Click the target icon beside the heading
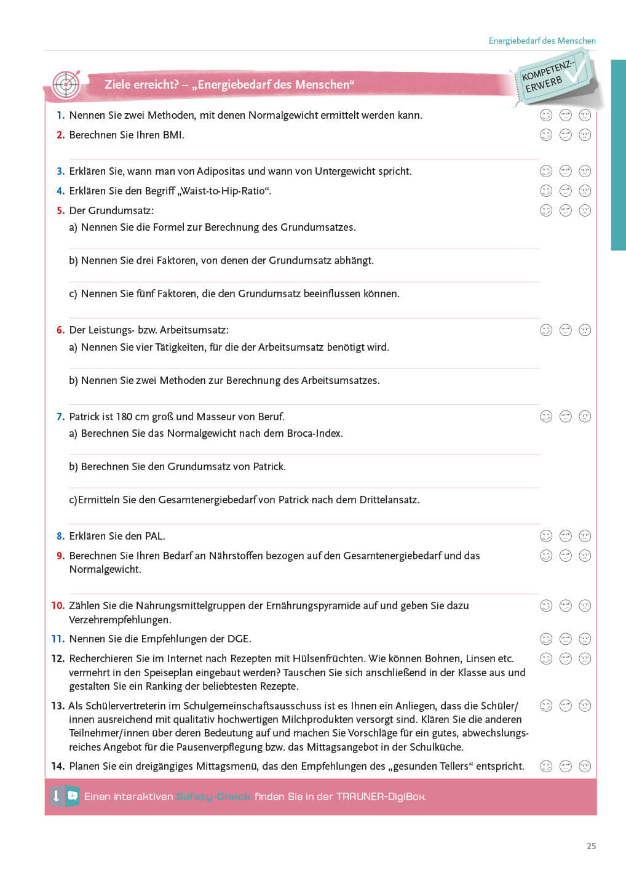coord(66,85)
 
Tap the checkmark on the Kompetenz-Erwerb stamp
coord(576,71)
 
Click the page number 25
coord(591,846)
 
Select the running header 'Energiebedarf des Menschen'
coord(542,41)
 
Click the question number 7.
coord(60,417)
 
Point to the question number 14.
coord(58,766)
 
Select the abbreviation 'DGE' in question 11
coord(239,639)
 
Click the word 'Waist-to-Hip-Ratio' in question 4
coord(224,191)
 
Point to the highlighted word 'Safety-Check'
coord(213,796)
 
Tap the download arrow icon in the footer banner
coord(56,796)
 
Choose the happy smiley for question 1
coord(546,115)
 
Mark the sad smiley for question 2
coord(585,135)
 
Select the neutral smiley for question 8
coord(566,536)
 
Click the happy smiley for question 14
coord(546,766)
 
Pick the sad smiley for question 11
coord(585,639)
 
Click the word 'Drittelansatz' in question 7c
coord(389,500)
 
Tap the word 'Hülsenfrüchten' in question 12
coord(329,658)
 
